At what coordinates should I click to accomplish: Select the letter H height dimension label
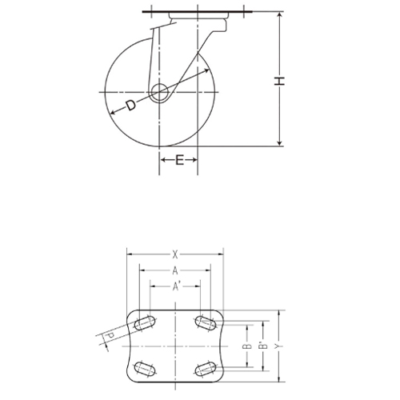[x=279, y=80]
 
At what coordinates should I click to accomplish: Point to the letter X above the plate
[x=174, y=254]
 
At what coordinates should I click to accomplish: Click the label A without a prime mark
[x=174, y=270]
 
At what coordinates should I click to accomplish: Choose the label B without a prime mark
[x=247, y=346]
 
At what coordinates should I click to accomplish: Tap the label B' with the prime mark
[x=262, y=346]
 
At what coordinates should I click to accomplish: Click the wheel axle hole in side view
[x=158, y=91]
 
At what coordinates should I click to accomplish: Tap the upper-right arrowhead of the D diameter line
[x=206, y=71]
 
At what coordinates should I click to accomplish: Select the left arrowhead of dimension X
[x=130, y=254]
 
